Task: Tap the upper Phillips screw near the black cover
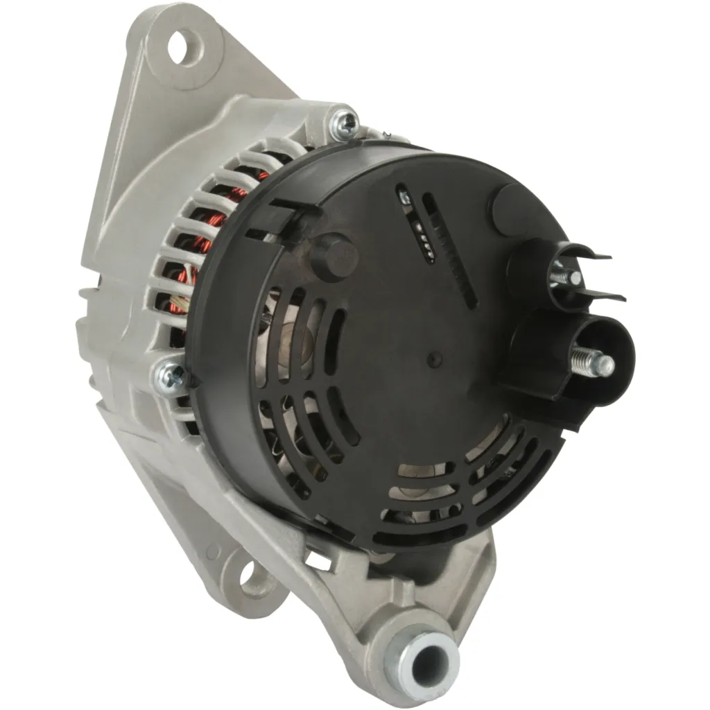click(345, 124)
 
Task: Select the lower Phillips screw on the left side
click(169, 377)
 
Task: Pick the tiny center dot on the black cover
click(435, 358)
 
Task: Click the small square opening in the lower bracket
click(318, 561)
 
